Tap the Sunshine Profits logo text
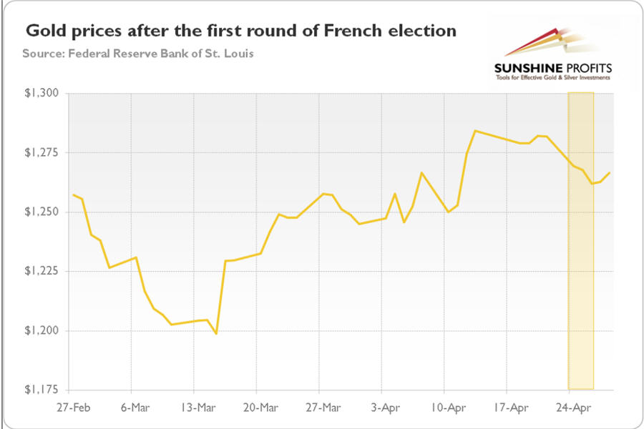click(x=554, y=69)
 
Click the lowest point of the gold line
click(x=216, y=334)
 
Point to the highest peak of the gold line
click(x=475, y=131)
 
